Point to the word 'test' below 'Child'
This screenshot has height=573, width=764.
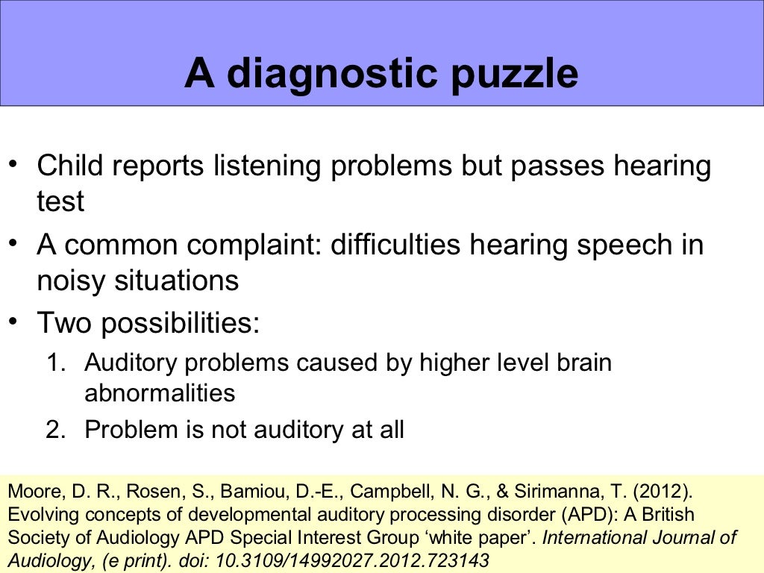click(x=60, y=201)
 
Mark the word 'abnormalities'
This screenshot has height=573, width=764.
click(x=160, y=393)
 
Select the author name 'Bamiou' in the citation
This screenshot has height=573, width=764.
click(x=250, y=493)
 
